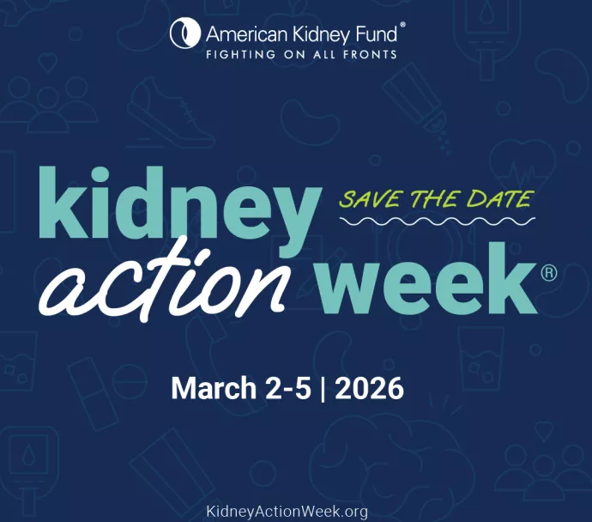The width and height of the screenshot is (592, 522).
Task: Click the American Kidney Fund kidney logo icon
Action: [x=184, y=34]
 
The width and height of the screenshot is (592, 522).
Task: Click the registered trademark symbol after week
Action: [x=549, y=272]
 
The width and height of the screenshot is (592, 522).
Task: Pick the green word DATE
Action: [x=499, y=199]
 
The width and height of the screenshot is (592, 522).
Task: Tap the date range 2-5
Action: [x=287, y=388]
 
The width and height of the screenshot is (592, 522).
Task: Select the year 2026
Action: [x=369, y=388]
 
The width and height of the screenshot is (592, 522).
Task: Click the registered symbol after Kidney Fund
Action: [x=403, y=27]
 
